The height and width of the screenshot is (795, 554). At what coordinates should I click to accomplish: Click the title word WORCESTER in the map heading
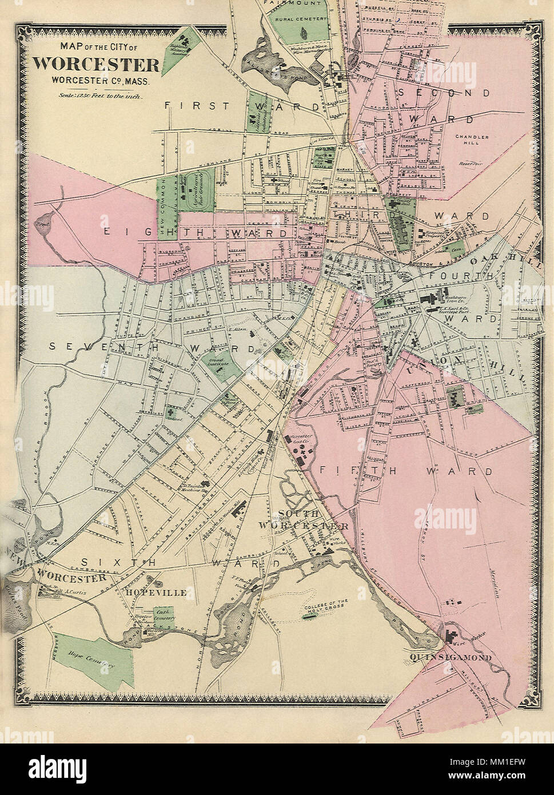(x=95, y=63)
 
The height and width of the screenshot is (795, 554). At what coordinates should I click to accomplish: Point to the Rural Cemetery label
(x=297, y=19)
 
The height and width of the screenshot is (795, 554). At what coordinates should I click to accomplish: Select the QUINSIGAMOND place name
(x=451, y=658)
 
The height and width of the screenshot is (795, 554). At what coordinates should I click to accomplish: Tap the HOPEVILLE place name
(x=157, y=593)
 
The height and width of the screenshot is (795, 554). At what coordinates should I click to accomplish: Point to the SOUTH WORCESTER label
(x=303, y=519)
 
